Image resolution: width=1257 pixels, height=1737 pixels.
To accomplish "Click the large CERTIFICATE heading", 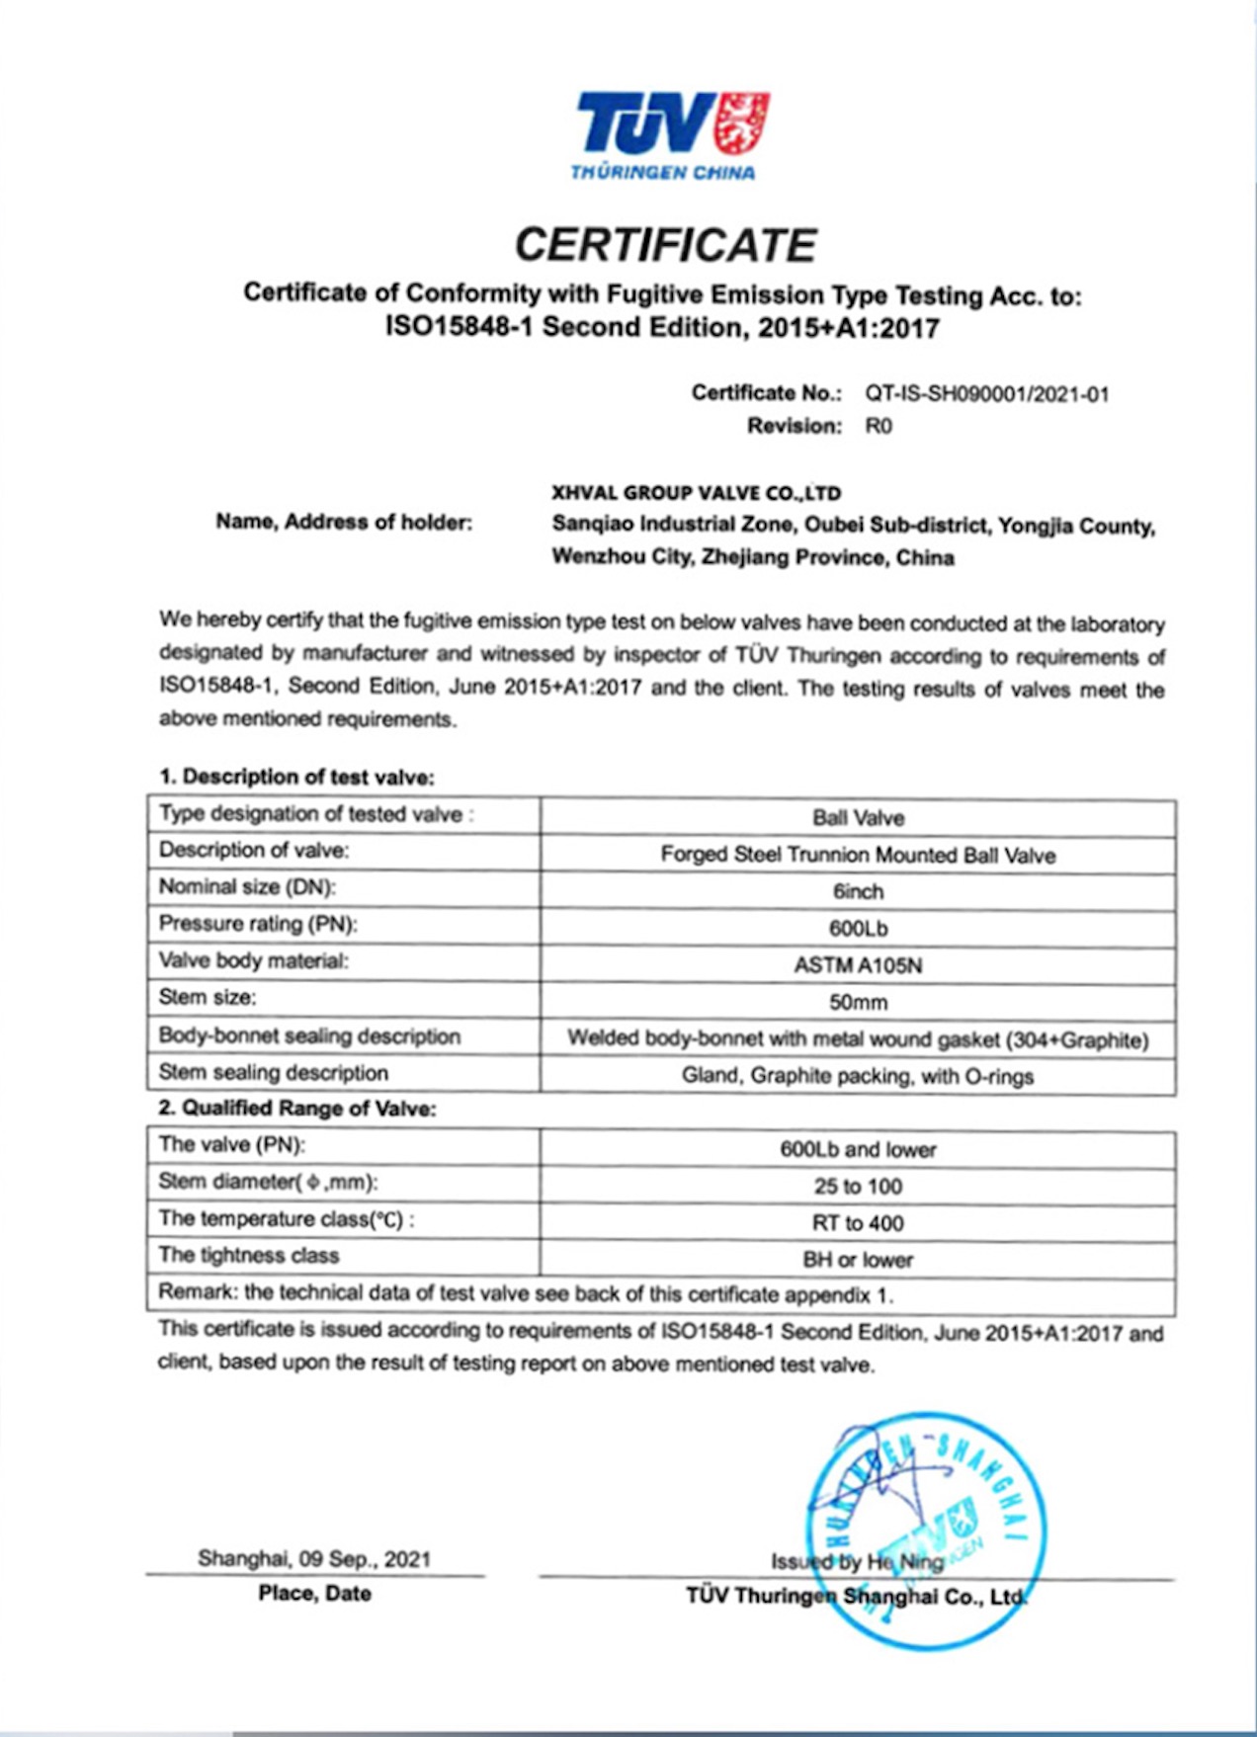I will point(665,245).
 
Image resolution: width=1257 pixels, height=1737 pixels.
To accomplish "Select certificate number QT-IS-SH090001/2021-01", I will point(986,393).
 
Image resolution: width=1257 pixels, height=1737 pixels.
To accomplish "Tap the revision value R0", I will point(878,426).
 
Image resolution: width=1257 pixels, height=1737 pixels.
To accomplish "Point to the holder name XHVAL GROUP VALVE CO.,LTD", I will point(696,493).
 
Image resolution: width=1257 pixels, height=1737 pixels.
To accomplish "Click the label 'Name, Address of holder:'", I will point(343,523).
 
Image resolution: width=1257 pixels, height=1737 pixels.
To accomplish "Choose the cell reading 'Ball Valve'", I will point(858,818).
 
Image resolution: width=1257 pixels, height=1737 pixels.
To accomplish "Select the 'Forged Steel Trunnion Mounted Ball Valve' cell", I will point(858,855).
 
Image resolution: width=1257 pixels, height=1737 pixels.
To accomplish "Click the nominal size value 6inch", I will point(858,891).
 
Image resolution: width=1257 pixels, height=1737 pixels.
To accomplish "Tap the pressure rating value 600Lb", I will point(858,928).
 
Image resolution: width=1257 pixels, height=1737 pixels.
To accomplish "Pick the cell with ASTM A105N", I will point(858,964).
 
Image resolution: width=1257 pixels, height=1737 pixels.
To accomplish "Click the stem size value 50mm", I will point(858,1002).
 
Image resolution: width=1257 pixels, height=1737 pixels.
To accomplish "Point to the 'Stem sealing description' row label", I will point(273,1073).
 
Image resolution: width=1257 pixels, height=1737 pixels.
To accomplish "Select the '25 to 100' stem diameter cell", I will point(858,1186).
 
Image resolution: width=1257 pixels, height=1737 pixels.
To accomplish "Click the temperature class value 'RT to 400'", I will point(858,1223).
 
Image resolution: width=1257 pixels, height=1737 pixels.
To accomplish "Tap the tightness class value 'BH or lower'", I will point(858,1260).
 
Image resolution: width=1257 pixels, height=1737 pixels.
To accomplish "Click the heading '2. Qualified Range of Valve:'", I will point(296,1109).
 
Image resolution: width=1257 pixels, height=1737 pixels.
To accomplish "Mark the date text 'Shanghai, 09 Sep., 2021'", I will point(314,1559).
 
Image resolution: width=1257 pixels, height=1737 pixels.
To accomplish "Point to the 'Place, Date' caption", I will point(314,1593).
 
